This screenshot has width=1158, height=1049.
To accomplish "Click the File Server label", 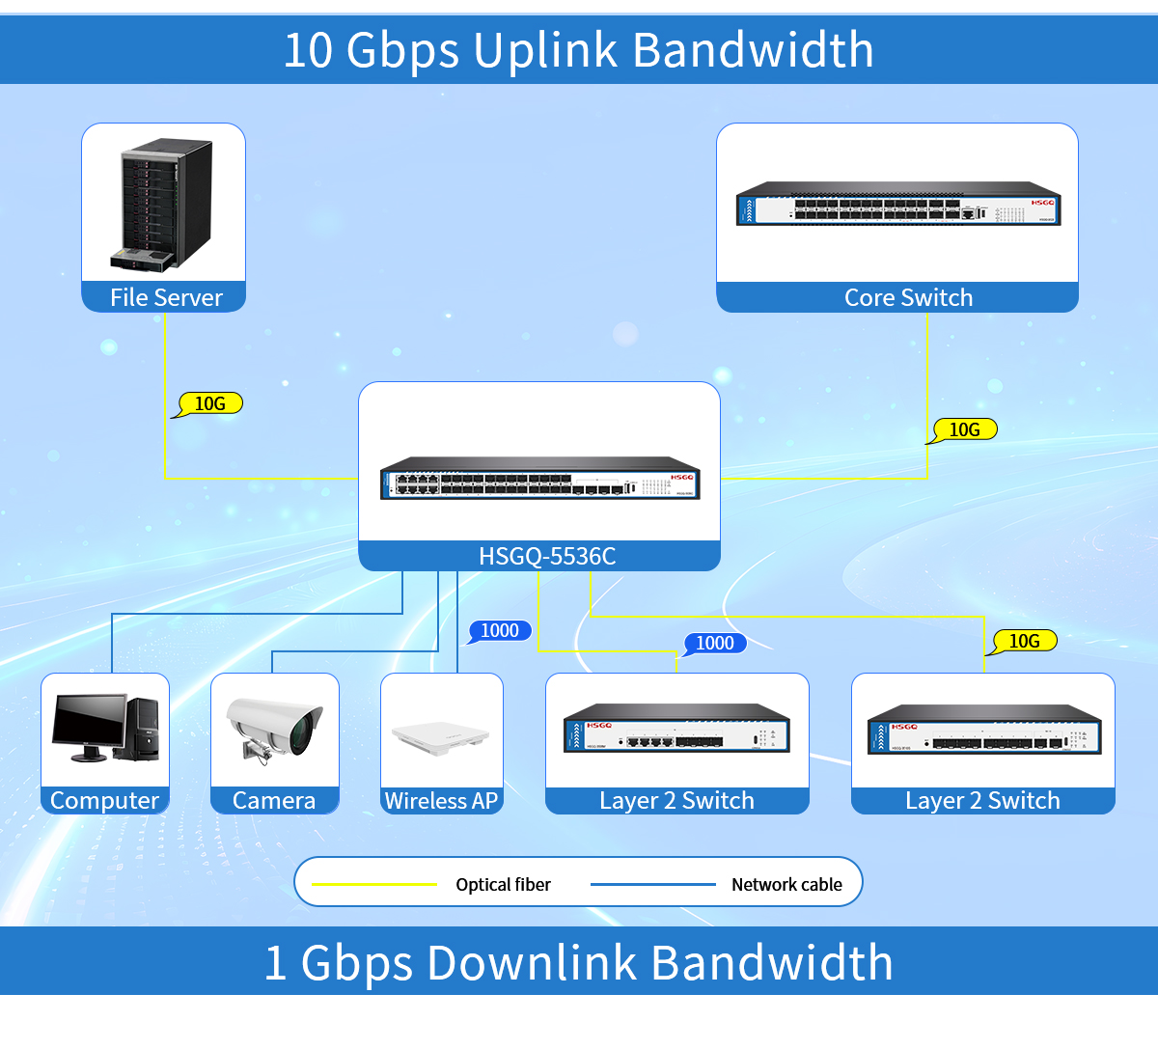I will [166, 297].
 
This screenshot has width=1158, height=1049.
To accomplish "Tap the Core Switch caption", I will [908, 297].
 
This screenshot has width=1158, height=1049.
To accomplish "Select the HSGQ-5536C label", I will [546, 556].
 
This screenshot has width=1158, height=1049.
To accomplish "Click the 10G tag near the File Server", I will [209, 403].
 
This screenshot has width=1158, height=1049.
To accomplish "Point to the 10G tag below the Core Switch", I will [964, 429].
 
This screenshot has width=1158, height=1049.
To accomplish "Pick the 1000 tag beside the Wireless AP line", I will [500, 630].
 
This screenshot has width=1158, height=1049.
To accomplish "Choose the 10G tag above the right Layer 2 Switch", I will [1024, 641].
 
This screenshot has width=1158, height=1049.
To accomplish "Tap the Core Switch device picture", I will [897, 204].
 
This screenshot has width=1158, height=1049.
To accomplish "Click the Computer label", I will [104, 800].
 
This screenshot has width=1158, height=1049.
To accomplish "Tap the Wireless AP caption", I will [441, 800].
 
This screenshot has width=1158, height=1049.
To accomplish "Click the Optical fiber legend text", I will [503, 884].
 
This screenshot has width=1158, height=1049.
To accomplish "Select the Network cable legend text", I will [786, 884].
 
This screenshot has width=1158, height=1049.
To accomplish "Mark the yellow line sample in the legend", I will [374, 884].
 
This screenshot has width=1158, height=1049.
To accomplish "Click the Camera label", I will [274, 800].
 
